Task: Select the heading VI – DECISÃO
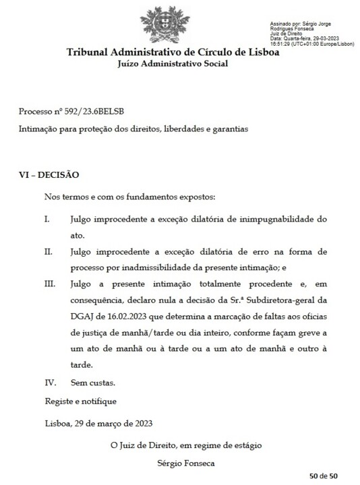point(49,175)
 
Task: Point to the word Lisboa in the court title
point(277,53)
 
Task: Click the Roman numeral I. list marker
point(48,220)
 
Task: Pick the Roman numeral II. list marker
point(49,252)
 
